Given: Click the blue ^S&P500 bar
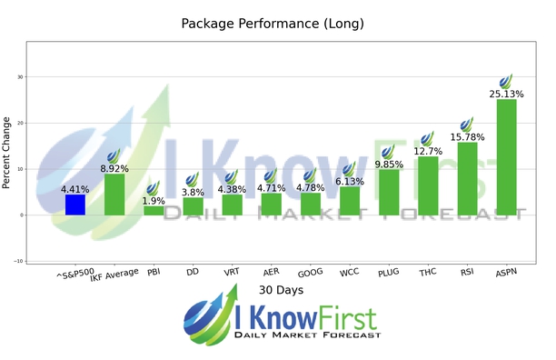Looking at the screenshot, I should tap(75, 205).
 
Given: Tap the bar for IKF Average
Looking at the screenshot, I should tap(114, 195).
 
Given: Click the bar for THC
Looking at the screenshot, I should tap(428, 186).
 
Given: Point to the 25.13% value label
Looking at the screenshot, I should tap(506, 93).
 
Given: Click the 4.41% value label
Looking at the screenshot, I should tap(75, 189).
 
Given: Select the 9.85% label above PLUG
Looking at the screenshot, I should tap(389, 165).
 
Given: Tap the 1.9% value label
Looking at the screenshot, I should tap(154, 201).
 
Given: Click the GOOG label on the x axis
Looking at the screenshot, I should tap(311, 271).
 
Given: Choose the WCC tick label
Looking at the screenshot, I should tap(350, 271).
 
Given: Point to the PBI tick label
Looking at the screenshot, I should tap(154, 271).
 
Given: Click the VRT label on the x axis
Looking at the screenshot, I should tap(232, 271).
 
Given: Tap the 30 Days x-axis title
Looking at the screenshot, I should tap(278, 290).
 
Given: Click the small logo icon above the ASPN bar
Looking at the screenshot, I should tap(506, 81).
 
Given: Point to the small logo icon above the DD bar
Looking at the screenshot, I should tap(193, 181).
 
